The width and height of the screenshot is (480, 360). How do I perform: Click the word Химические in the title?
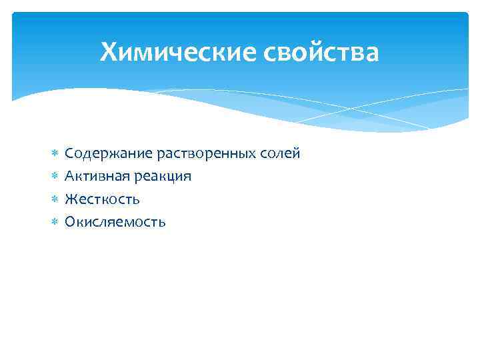[x=175, y=51]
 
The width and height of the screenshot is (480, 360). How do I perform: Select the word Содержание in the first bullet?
[x=108, y=154]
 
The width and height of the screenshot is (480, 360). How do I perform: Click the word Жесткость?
[x=102, y=199]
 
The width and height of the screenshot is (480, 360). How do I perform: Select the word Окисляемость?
[x=115, y=222]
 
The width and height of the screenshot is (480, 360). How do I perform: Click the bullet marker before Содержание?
[x=55, y=154]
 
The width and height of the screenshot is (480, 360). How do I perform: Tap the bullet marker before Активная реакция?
[x=55, y=177]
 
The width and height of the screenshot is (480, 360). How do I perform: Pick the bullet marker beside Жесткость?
[x=55, y=199]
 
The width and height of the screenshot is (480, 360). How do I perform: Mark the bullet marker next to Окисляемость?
[x=55, y=222]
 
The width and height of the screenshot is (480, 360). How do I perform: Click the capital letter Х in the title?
[x=109, y=51]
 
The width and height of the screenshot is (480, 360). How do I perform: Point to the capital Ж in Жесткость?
[x=71, y=199]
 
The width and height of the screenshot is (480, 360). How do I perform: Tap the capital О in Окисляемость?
[x=70, y=222]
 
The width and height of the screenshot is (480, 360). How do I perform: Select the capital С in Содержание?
[x=69, y=154]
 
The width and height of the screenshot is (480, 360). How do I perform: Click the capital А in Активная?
[x=69, y=177]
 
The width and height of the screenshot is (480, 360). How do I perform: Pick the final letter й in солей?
[x=297, y=153]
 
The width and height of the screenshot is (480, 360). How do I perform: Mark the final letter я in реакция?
[x=187, y=178]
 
